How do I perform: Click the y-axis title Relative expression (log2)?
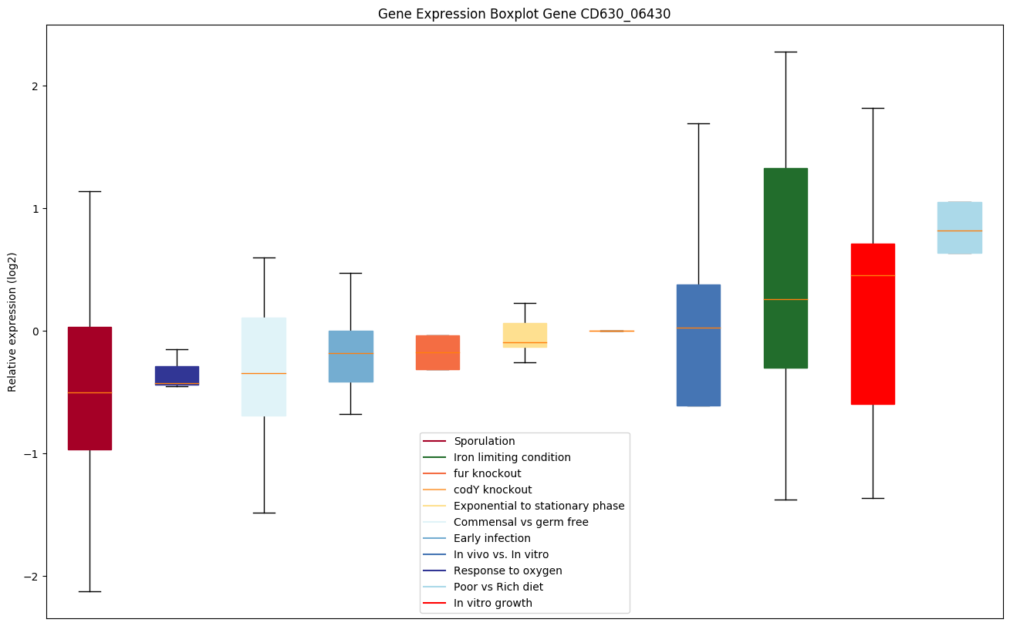coord(12,321)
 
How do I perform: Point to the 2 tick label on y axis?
coord(35,86)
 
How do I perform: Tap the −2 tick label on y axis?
coord(32,577)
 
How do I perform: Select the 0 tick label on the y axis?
coord(35,332)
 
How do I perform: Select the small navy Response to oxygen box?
coord(177,375)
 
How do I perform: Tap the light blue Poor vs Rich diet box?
coord(959,227)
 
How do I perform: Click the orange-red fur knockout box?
coord(437,352)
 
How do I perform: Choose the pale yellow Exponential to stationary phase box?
coord(525,335)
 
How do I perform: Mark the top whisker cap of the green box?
coord(785,52)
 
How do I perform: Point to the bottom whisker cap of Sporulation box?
coord(90,591)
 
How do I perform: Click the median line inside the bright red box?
coord(873,275)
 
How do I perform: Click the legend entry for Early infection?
coord(491,538)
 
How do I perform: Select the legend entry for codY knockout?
coord(492,490)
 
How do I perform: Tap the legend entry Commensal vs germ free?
coord(521,522)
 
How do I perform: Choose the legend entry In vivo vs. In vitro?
coord(501,554)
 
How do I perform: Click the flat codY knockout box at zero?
coord(612,331)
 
